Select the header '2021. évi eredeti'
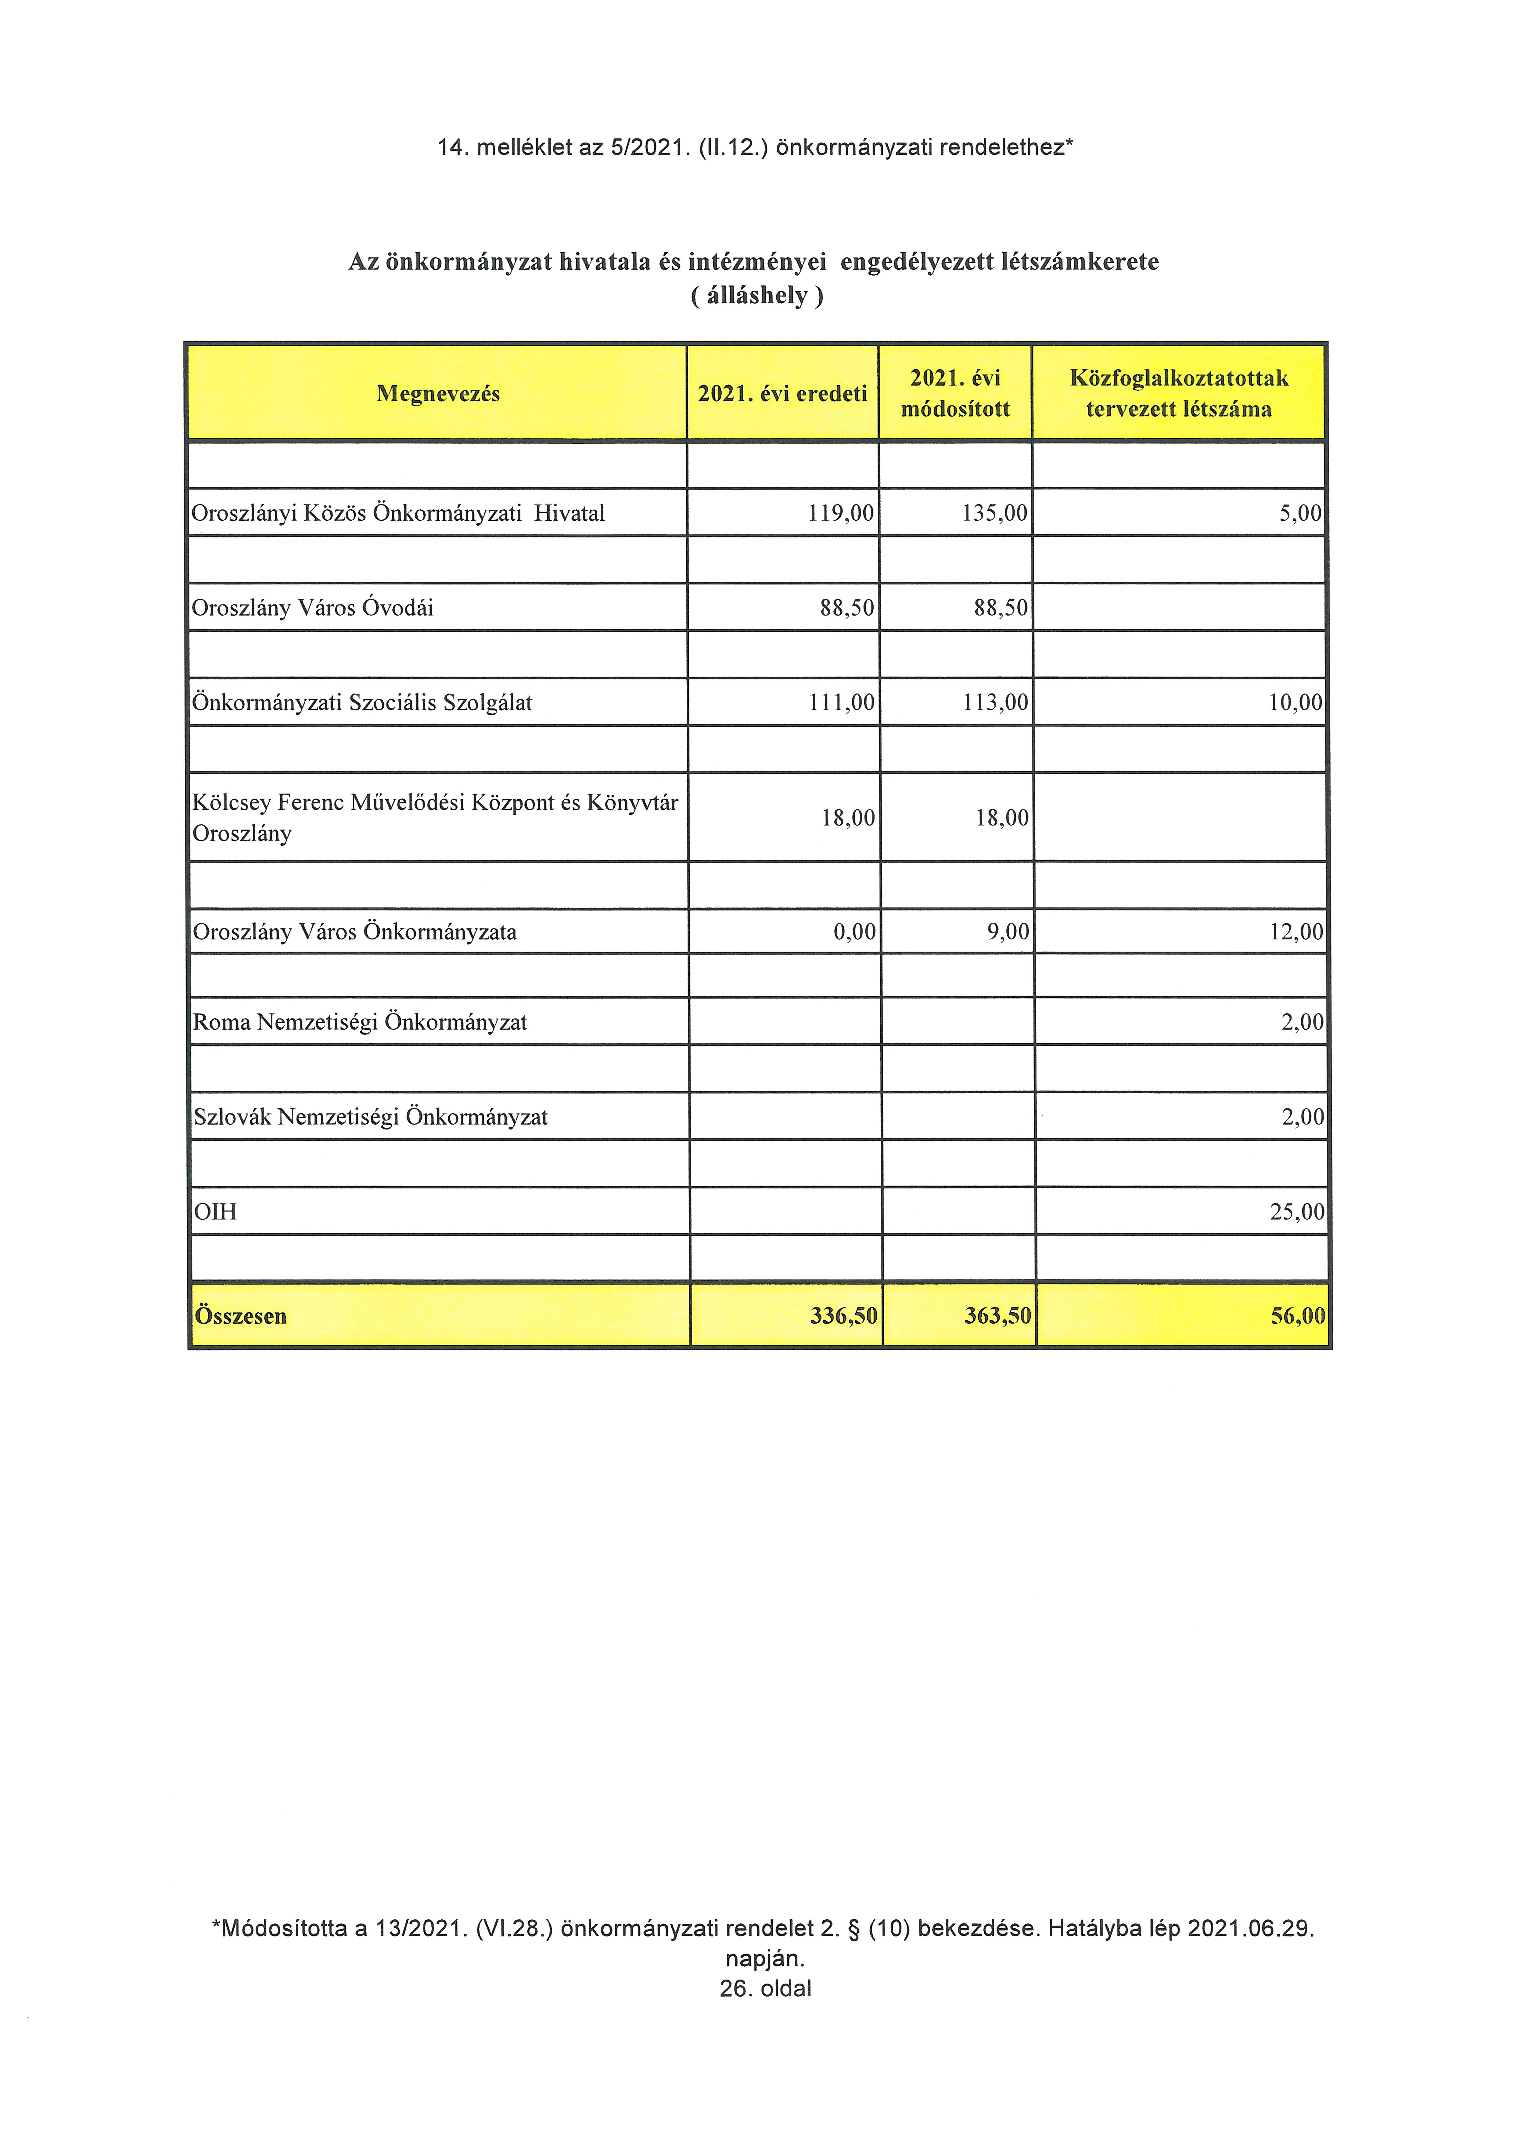click(782, 393)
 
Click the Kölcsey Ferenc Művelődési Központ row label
click(434, 817)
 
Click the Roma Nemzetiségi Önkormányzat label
click(360, 1022)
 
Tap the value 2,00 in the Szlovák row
click(1302, 1117)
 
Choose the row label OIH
click(215, 1212)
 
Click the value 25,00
click(1297, 1212)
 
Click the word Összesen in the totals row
click(240, 1316)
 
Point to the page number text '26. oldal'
click(765, 1988)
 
